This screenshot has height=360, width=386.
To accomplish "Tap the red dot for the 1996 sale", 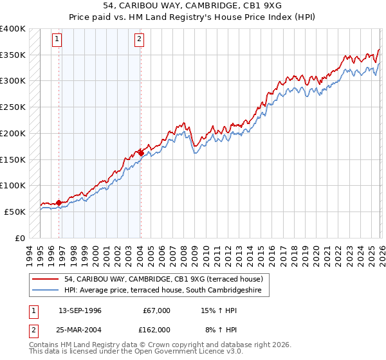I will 59,203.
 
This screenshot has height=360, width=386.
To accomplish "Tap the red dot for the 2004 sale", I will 141,153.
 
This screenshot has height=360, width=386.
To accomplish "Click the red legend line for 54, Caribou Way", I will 46,280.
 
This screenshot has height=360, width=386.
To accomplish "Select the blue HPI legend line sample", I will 46,291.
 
